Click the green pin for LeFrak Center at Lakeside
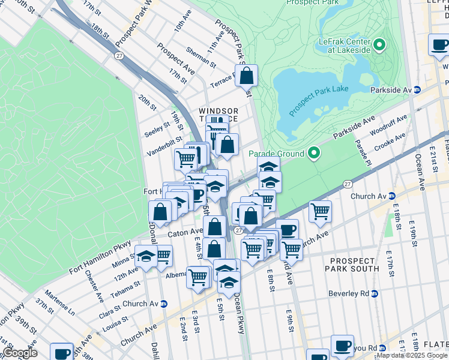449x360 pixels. (379, 45)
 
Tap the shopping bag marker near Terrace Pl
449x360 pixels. (246, 76)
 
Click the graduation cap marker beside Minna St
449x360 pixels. (146, 257)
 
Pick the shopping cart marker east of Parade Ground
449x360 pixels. (321, 211)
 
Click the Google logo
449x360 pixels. (20, 353)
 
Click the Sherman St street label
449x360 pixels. (201, 58)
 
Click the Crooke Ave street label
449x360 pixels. (390, 142)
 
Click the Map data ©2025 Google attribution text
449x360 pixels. (412, 355)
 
